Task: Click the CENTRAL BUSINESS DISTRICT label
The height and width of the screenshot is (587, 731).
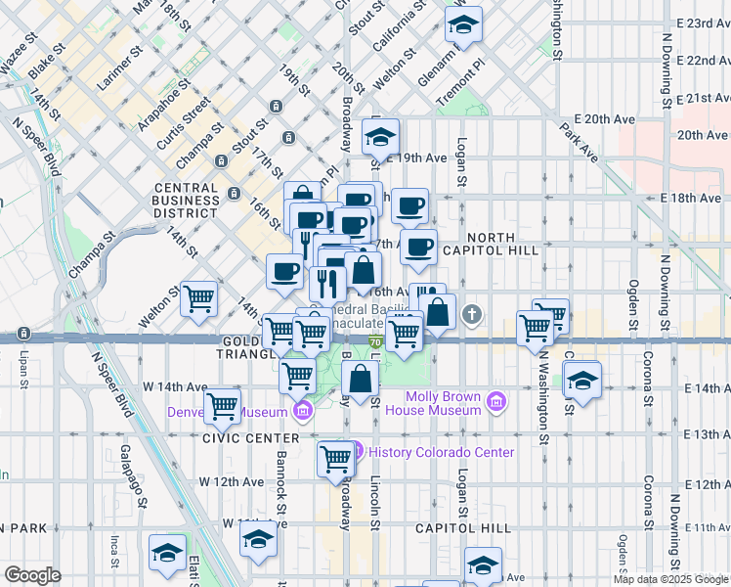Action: click(x=186, y=200)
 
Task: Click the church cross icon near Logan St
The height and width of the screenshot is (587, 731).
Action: click(x=473, y=314)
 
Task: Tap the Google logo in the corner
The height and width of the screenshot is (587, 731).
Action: click(x=32, y=575)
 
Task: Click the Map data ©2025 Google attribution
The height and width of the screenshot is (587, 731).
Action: click(x=670, y=579)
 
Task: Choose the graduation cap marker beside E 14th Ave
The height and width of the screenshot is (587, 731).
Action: click(x=581, y=377)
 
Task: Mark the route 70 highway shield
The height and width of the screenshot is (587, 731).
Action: click(x=377, y=341)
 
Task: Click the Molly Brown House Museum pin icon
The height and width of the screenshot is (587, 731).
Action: click(x=496, y=402)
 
